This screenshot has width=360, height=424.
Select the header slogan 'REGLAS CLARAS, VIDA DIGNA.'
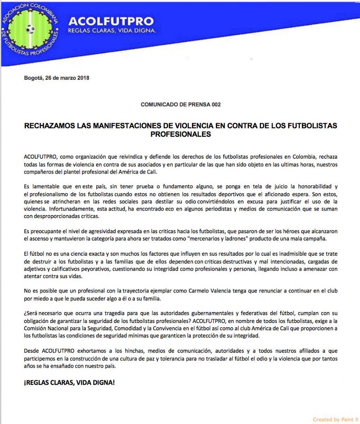(x=112, y=31)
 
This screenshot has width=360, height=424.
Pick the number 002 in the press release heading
(x=216, y=105)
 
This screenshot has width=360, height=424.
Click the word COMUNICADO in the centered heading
(x=157, y=105)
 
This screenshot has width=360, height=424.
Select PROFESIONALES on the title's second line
(x=180, y=134)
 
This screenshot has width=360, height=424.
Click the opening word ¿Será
(x=31, y=313)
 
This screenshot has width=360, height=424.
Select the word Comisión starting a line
(x=35, y=328)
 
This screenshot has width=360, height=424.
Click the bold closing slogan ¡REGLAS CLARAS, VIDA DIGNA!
(x=69, y=383)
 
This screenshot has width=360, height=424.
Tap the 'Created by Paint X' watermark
(x=335, y=419)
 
